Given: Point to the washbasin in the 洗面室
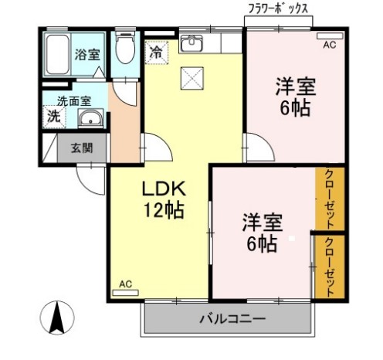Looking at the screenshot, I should pos(89,119).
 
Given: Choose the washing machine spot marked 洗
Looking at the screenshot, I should pos(53,117).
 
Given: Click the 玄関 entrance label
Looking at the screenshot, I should pos(81,148).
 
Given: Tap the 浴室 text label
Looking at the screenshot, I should pos(86,55).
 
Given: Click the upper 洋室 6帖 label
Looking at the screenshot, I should pos(295,97).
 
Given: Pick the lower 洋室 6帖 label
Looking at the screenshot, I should pos(260,233).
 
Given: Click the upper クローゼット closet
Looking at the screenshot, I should pos(330,198).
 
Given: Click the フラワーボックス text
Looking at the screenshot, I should pos(278,8).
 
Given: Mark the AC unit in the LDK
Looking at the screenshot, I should pos(124,287).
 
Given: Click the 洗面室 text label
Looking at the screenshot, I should pos(74,100).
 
